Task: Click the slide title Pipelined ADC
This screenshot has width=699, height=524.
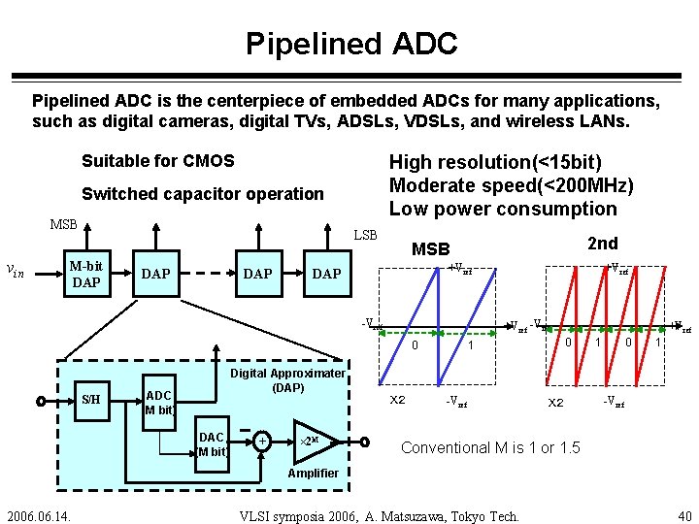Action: pyautogui.click(x=350, y=44)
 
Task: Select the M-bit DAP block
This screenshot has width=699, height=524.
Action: pyautogui.click(x=86, y=274)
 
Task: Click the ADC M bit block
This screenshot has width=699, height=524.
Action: pyautogui.click(x=158, y=402)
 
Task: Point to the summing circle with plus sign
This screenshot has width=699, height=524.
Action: pyautogui.click(x=263, y=442)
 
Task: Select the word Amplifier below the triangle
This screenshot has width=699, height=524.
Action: pyautogui.click(x=313, y=473)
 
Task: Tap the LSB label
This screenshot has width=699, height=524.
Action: pyautogui.click(x=366, y=235)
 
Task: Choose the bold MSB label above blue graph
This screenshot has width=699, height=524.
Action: pyautogui.click(x=431, y=249)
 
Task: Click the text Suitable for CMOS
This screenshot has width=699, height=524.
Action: pyautogui.click(x=157, y=160)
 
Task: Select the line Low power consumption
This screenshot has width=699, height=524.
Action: pyautogui.click(x=503, y=209)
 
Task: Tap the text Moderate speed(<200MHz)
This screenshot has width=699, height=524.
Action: pyautogui.click(x=511, y=185)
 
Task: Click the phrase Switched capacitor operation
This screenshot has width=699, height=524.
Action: pyautogui.click(x=202, y=193)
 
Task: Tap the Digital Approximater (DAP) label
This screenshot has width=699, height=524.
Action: pyautogui.click(x=287, y=379)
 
